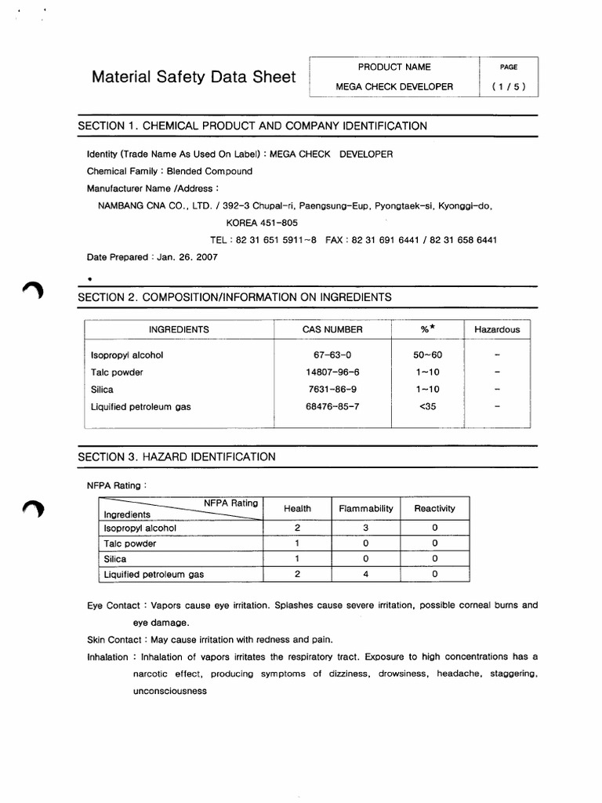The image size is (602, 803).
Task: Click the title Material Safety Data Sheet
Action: click(x=194, y=77)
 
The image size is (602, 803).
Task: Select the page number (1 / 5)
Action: click(x=509, y=87)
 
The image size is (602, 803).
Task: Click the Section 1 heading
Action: click(x=252, y=125)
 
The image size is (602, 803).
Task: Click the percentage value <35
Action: click(x=427, y=406)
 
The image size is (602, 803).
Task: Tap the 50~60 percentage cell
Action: click(x=427, y=354)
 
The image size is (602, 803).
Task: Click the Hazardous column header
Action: click(x=497, y=329)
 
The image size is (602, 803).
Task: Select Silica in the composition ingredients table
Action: click(x=103, y=389)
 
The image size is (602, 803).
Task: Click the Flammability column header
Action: click(x=365, y=508)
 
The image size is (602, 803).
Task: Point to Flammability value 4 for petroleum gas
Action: click(x=365, y=574)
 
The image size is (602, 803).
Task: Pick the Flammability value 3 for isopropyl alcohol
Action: click(x=365, y=528)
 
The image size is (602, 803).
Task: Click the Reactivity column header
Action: click(x=434, y=508)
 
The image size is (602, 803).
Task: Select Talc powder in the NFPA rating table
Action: click(x=130, y=543)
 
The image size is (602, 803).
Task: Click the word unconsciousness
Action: click(x=169, y=691)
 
